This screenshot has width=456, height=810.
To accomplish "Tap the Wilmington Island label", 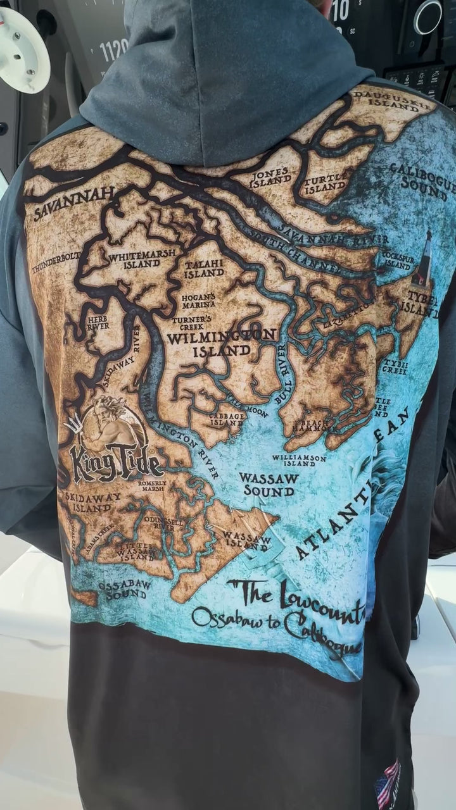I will [x=221, y=342].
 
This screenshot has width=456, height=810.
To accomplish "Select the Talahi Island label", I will [x=203, y=269].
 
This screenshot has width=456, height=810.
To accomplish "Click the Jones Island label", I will [x=270, y=178].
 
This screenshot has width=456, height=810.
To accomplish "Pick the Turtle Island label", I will [x=326, y=184].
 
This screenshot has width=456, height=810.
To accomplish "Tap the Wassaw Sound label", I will [x=269, y=484].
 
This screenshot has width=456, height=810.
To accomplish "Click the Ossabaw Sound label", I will [x=125, y=590].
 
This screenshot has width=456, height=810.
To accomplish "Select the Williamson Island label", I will [x=299, y=460].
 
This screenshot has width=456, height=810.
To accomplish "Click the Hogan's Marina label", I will [x=199, y=301].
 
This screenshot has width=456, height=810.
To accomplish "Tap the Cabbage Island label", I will [x=227, y=420].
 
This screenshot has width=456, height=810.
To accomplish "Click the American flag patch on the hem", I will [x=387, y=784].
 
